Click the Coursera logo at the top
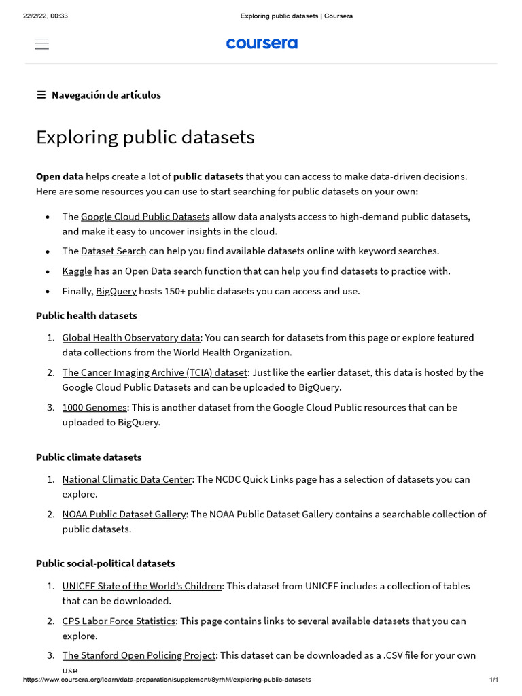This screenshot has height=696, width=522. pyautogui.click(x=262, y=43)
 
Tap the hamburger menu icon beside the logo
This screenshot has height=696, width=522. pyautogui.click(x=41, y=44)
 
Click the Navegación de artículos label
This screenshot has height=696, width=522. pyautogui.click(x=106, y=95)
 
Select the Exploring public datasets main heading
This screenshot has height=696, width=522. pyautogui.click(x=145, y=137)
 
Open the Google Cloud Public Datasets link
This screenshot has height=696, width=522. pyautogui.click(x=145, y=217)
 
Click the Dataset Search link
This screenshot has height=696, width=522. pyautogui.click(x=114, y=251)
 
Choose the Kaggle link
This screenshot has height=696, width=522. pyautogui.click(x=77, y=271)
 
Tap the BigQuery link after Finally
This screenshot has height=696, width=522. pyautogui.click(x=116, y=291)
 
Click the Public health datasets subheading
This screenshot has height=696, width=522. pyautogui.click(x=86, y=315)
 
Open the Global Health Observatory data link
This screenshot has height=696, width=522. pyautogui.click(x=131, y=338)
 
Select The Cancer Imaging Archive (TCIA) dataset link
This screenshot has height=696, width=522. pyautogui.click(x=155, y=372)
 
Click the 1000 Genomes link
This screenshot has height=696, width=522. pyautogui.click(x=94, y=407)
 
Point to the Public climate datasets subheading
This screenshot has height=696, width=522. pyautogui.click(x=88, y=457)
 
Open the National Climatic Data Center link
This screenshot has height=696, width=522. pyautogui.click(x=127, y=479)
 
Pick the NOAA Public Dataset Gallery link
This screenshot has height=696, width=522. pyautogui.click(x=124, y=514)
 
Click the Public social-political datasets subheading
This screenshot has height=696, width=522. pyautogui.click(x=105, y=563)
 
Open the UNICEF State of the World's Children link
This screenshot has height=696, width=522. pyautogui.click(x=142, y=586)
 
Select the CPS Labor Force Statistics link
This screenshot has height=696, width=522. pyautogui.click(x=119, y=621)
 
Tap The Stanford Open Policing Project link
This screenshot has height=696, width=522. pyautogui.click(x=139, y=655)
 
